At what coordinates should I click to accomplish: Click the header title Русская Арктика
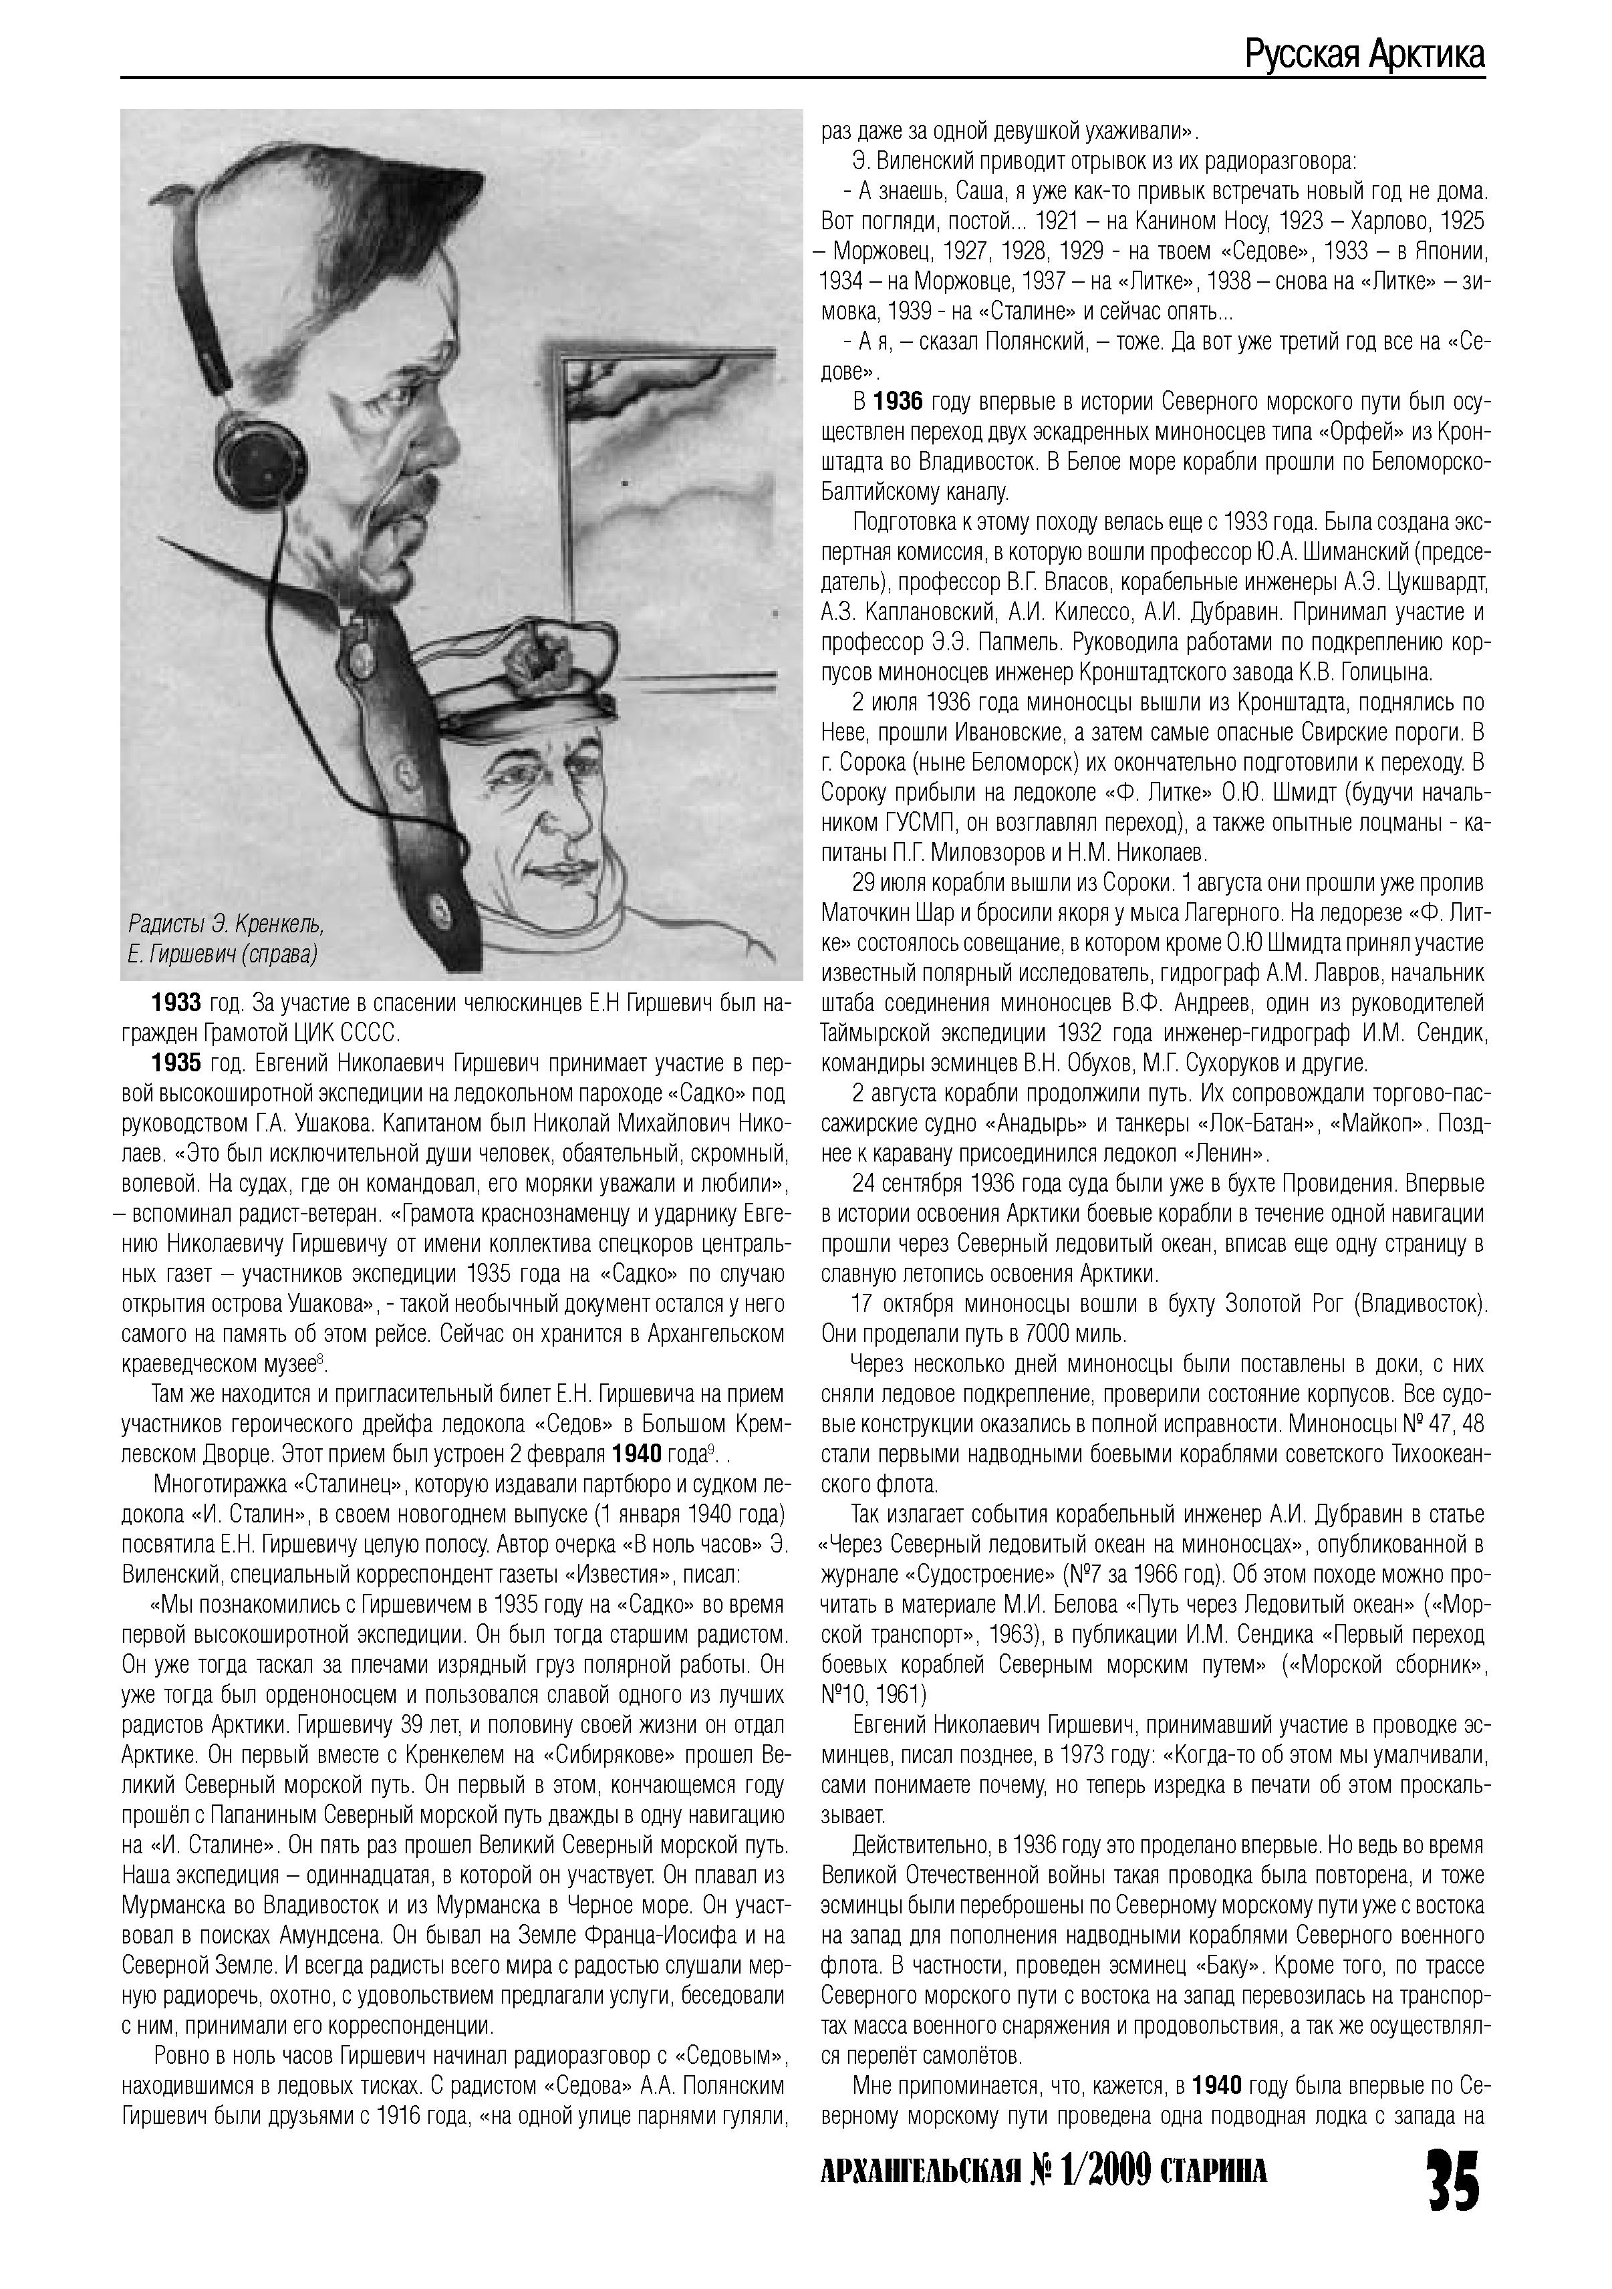[1364, 55]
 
